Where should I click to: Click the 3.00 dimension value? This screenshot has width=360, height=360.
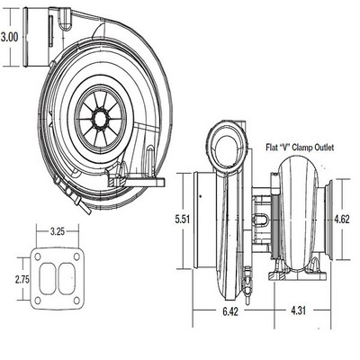(x=10, y=38)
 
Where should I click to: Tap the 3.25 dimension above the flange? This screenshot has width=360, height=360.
(x=58, y=231)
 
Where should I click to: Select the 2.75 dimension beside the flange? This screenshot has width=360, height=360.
(x=22, y=280)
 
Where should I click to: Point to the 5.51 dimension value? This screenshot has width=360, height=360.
(x=183, y=220)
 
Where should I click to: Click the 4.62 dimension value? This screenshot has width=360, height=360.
(x=342, y=220)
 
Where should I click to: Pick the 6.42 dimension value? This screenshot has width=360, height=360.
(x=230, y=311)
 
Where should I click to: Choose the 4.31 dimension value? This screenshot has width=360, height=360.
(x=298, y=310)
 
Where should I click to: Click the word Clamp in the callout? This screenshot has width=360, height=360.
(x=302, y=148)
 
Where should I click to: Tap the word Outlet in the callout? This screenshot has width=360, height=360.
(x=324, y=148)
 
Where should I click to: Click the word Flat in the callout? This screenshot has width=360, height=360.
(x=272, y=148)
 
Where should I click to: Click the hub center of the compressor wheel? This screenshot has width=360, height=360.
(x=100, y=119)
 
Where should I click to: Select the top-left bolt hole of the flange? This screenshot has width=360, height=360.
(x=38, y=256)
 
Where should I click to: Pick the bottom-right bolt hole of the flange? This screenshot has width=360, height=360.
(x=76, y=301)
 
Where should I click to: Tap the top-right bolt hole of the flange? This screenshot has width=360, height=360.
(x=76, y=256)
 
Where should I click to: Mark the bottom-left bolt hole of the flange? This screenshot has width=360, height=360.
(x=38, y=301)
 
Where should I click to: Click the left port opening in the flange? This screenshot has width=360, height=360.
(x=48, y=279)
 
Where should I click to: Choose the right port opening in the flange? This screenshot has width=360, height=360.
(x=67, y=279)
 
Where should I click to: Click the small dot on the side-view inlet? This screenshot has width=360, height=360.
(x=201, y=196)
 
